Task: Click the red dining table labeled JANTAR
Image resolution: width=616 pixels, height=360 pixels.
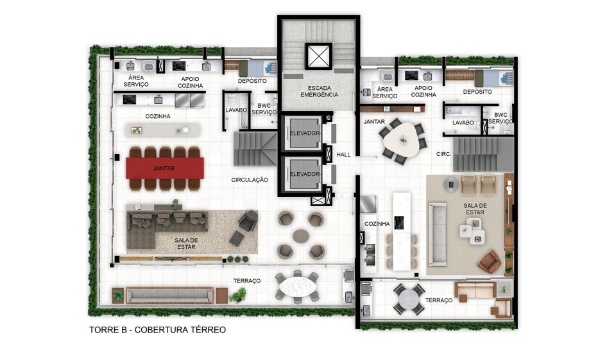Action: (165, 168)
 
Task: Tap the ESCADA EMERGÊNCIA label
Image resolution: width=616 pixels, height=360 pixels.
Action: (320, 91)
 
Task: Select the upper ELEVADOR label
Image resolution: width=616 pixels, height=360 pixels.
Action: (305, 133)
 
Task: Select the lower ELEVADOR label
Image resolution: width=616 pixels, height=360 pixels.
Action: (305, 174)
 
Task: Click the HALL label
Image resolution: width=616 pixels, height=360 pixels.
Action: (343, 155)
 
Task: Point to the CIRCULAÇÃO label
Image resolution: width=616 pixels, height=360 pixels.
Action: (250, 180)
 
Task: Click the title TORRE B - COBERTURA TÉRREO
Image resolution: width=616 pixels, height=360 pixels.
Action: (158, 330)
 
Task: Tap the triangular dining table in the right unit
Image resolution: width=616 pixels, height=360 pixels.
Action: (401, 139)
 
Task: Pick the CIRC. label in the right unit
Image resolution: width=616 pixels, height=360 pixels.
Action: (443, 155)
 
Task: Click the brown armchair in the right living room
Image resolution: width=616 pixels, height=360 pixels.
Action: (489, 262)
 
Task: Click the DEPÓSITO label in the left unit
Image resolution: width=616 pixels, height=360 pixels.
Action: (252, 81)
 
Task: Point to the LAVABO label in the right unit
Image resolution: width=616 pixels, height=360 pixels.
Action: (463, 123)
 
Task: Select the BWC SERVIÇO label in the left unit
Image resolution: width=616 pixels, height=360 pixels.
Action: (264, 109)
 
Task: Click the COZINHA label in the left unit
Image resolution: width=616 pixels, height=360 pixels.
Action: (158, 116)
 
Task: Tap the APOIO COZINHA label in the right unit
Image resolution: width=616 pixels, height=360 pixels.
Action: (424, 92)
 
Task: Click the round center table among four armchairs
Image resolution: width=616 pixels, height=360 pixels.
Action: (301, 236)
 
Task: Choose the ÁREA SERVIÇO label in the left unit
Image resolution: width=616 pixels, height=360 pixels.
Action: (136, 81)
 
